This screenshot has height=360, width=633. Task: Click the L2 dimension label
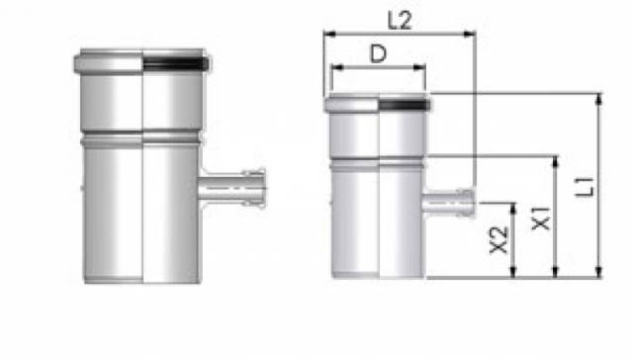(400, 20)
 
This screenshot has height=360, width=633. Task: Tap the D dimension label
(378, 53)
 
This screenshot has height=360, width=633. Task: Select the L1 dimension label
(585, 187)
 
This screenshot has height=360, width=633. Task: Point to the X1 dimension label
(541, 219)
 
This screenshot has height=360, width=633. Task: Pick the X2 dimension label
(498, 240)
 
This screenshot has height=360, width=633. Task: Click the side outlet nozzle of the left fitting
(232, 189)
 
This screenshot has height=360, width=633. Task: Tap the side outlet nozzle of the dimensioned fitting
(449, 203)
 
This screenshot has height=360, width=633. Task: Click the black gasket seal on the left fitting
(176, 63)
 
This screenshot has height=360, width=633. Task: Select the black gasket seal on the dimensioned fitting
(405, 105)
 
